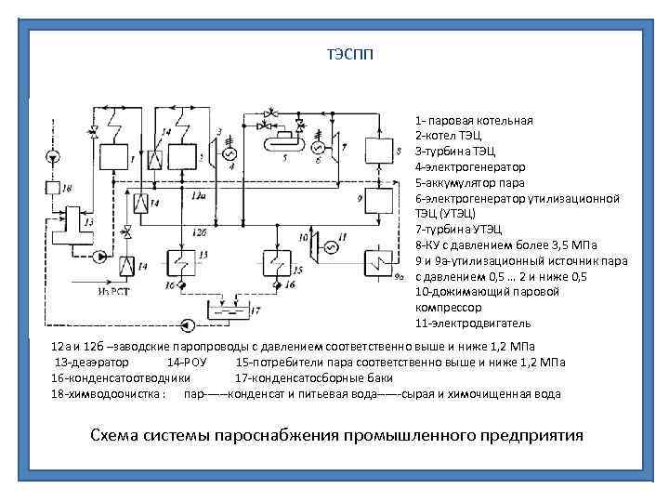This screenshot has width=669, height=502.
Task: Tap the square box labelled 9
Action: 378,202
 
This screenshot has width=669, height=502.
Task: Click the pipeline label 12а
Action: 197,196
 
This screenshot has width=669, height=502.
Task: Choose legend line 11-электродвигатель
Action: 473,323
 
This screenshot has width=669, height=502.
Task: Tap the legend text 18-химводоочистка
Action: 107,394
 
